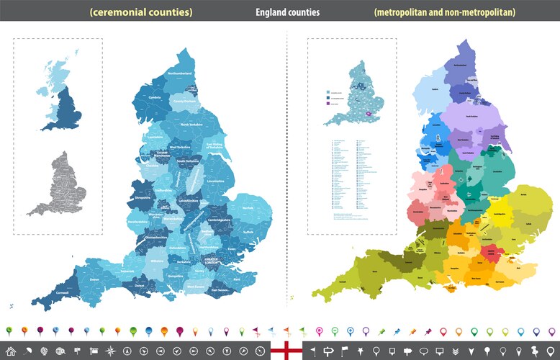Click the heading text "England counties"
[287, 12]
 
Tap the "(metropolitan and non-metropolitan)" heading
[444, 12]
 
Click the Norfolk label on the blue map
[248, 208]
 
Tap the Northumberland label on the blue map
[180, 73]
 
